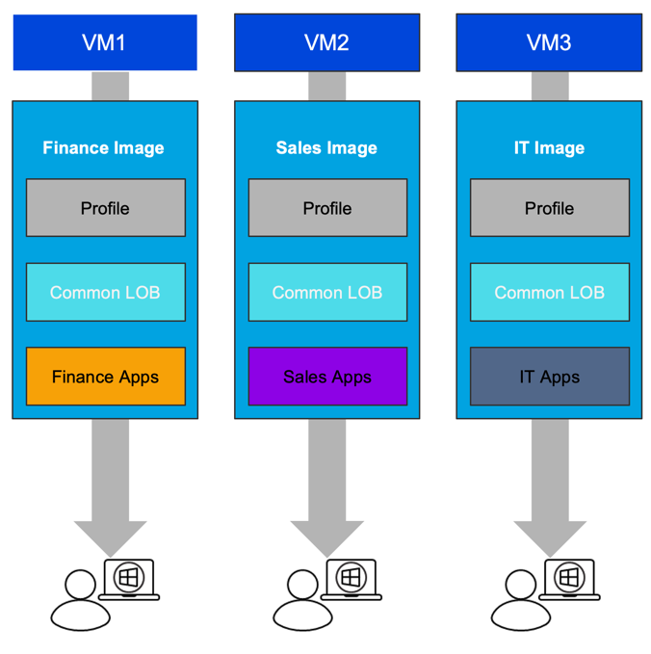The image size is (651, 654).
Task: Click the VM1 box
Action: click(x=105, y=42)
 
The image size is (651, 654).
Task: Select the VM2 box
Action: click(x=326, y=42)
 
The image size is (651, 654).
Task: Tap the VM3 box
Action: click(x=549, y=42)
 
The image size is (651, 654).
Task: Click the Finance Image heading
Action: click(x=104, y=148)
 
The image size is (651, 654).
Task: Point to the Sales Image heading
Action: click(x=326, y=148)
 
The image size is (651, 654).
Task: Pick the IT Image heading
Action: click(x=549, y=148)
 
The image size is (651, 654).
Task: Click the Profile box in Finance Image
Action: click(x=105, y=208)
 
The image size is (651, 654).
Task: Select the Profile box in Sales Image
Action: click(x=327, y=208)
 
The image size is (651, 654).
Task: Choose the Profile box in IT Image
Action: click(x=550, y=208)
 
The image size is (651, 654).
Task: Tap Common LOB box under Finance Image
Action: click(x=105, y=292)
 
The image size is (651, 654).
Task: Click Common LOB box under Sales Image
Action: click(x=327, y=292)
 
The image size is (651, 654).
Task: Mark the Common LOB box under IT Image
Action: click(x=550, y=292)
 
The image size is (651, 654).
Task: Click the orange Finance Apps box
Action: click(x=105, y=377)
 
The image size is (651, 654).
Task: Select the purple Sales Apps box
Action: click(x=327, y=377)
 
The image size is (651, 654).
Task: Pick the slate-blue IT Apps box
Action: click(x=550, y=377)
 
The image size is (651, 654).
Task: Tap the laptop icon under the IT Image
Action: click(x=569, y=580)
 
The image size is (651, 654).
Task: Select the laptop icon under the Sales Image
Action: click(x=351, y=580)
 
